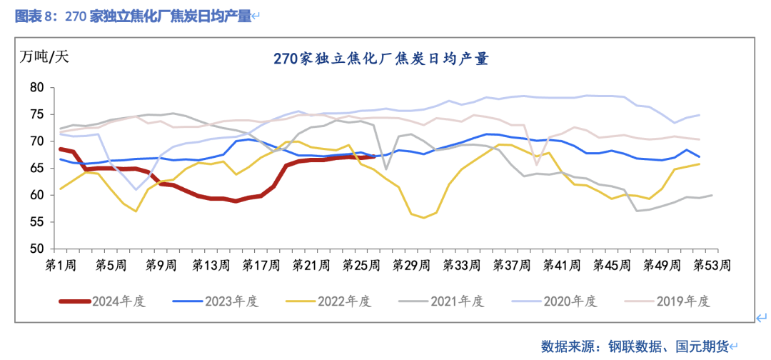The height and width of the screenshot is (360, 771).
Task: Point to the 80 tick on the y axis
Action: [37, 88]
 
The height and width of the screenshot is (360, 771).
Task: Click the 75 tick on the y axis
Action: [37, 114]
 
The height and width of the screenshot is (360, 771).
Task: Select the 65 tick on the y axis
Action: [37, 169]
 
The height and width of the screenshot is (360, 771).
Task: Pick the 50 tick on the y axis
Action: [37, 249]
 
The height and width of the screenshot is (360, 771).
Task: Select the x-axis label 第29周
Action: [411, 266]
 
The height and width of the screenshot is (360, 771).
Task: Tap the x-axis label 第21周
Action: [312, 266]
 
